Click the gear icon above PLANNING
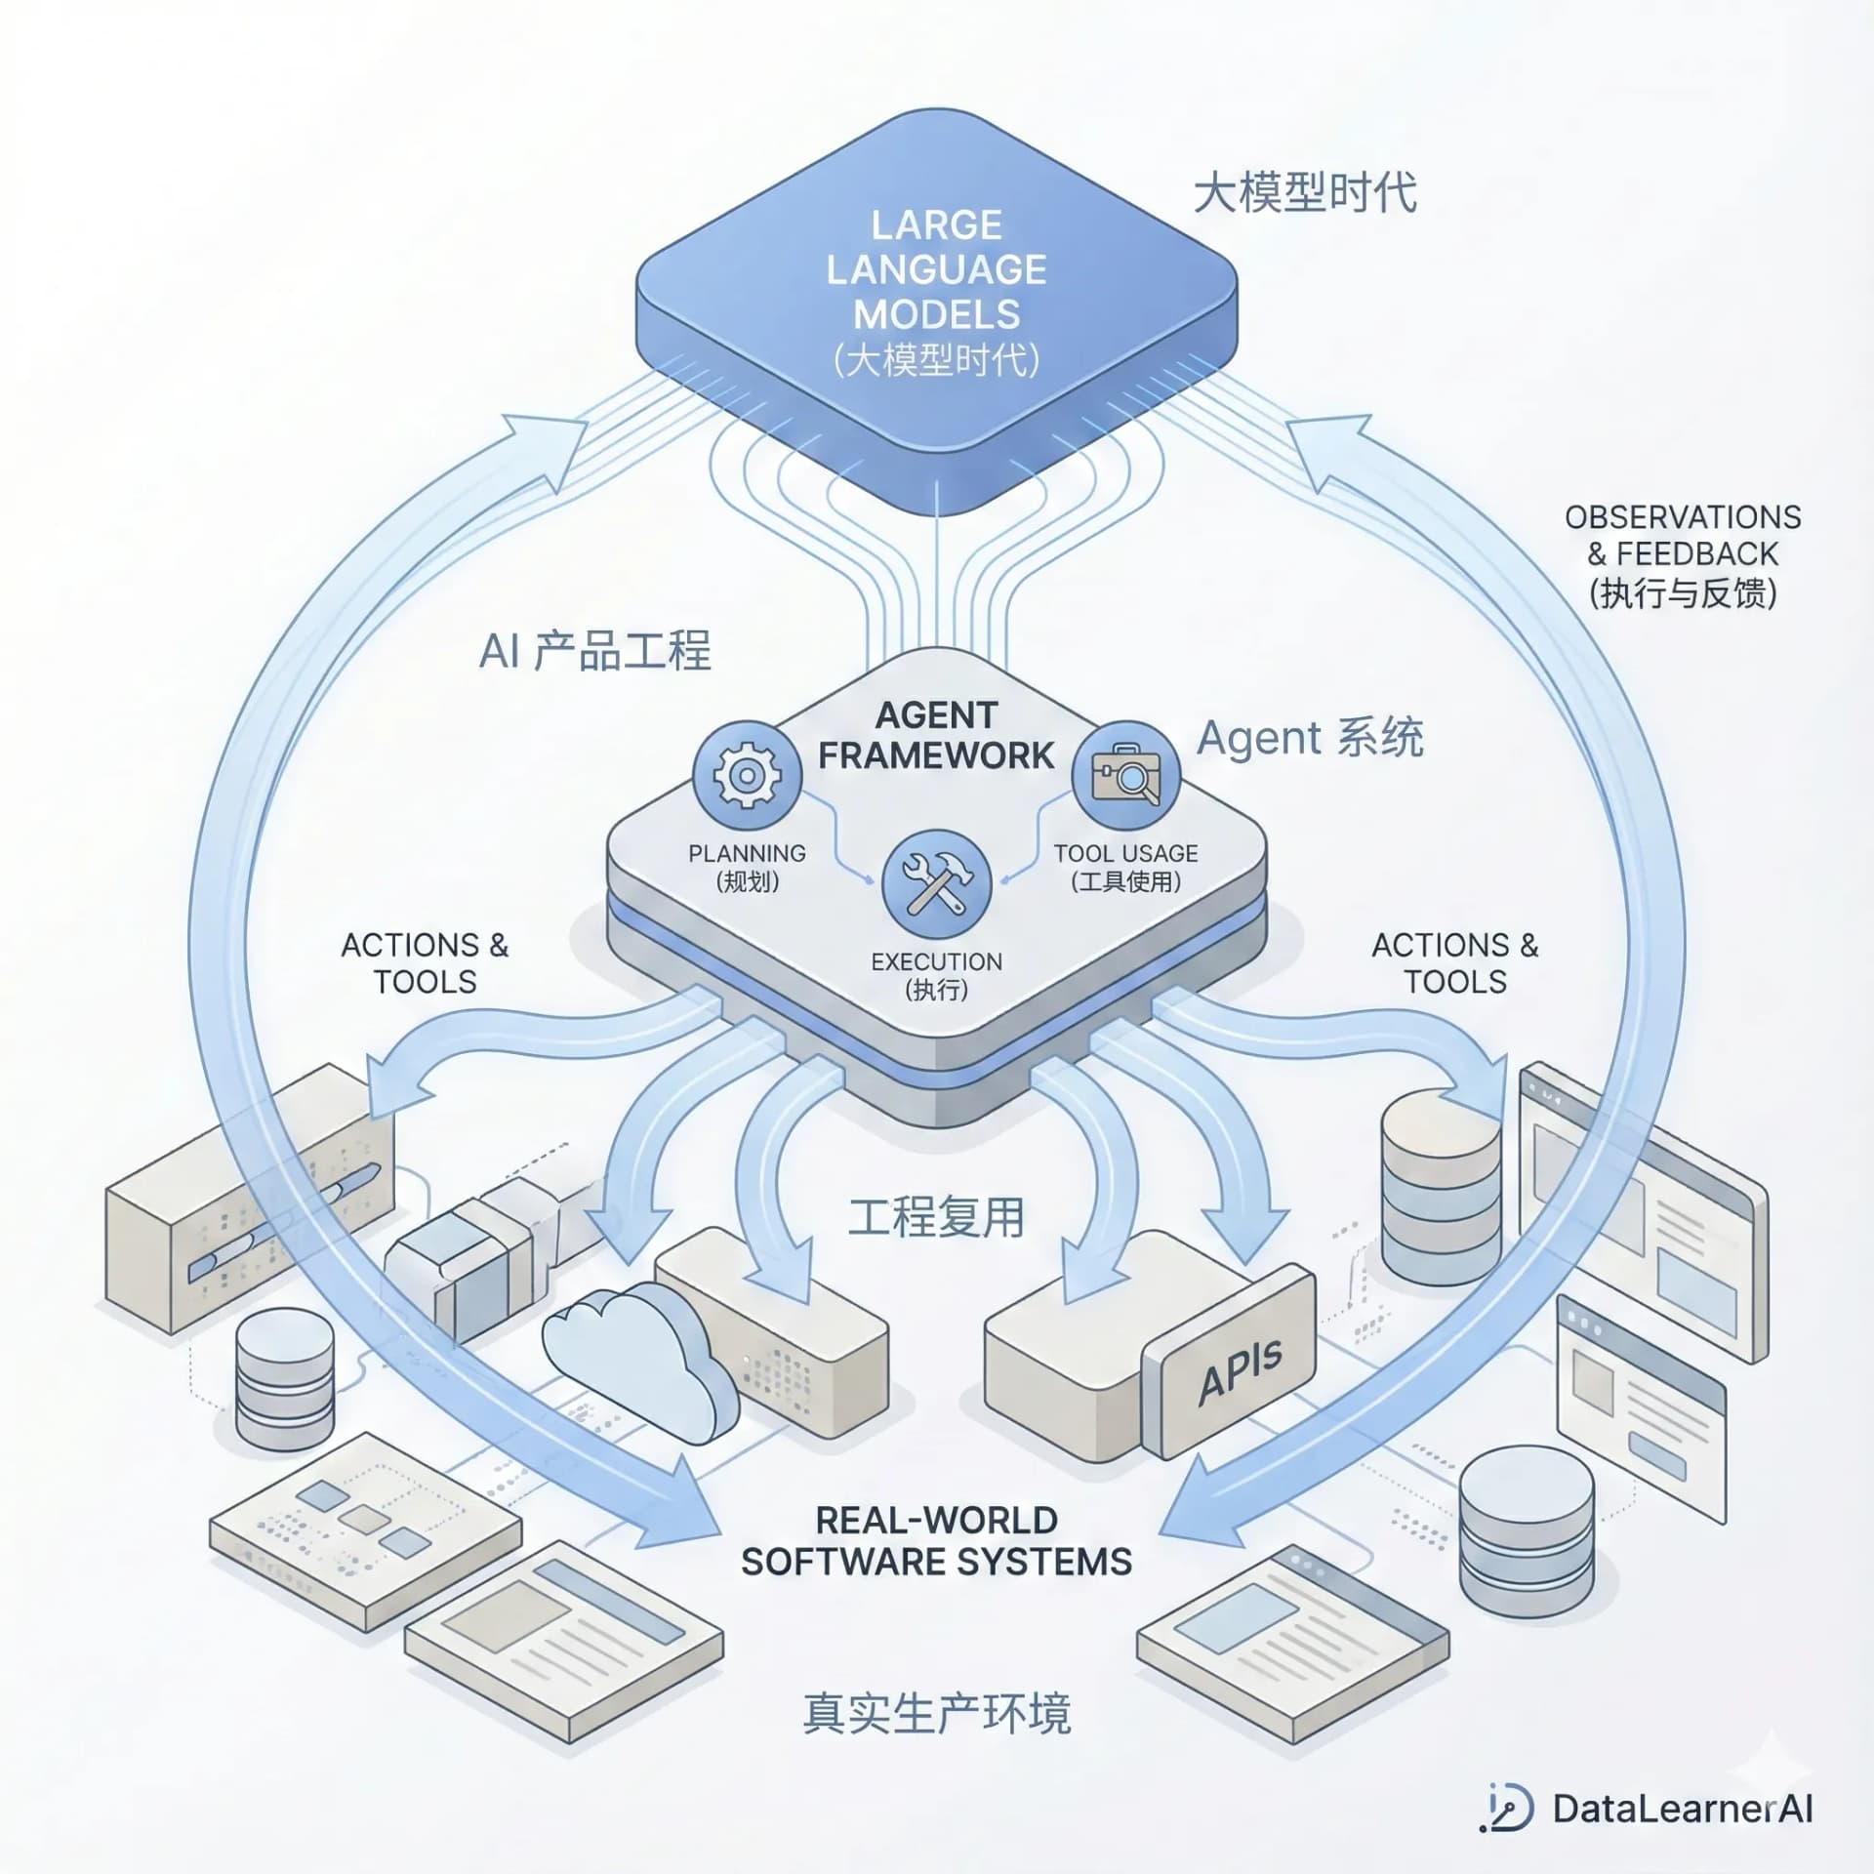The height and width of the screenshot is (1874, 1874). tap(747, 776)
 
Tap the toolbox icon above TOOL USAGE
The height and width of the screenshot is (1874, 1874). tap(1125, 776)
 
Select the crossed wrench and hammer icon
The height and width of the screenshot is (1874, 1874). tap(936, 884)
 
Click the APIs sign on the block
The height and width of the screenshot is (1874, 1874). tap(1240, 1370)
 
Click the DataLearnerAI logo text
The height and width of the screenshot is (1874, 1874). tap(1681, 1809)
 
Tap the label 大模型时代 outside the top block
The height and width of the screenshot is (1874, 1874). tap(1305, 192)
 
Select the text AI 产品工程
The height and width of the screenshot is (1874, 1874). tap(594, 651)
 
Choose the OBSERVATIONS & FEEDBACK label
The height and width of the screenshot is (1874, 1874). tap(1683, 553)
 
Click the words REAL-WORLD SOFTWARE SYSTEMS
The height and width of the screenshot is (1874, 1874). tap(936, 1541)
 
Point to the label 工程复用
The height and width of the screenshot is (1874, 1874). tap(936, 1217)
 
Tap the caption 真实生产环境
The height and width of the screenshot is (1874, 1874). tap(936, 1713)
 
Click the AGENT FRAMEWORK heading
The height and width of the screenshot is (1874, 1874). tap(936, 735)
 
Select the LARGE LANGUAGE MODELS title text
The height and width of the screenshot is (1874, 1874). tap(936, 270)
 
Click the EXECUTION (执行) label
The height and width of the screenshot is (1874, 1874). tap(936, 975)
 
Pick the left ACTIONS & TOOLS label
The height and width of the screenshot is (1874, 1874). tap(425, 962)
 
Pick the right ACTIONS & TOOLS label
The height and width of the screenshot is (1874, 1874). tap(1454, 962)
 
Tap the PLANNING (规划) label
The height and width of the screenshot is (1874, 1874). tap(747, 867)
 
